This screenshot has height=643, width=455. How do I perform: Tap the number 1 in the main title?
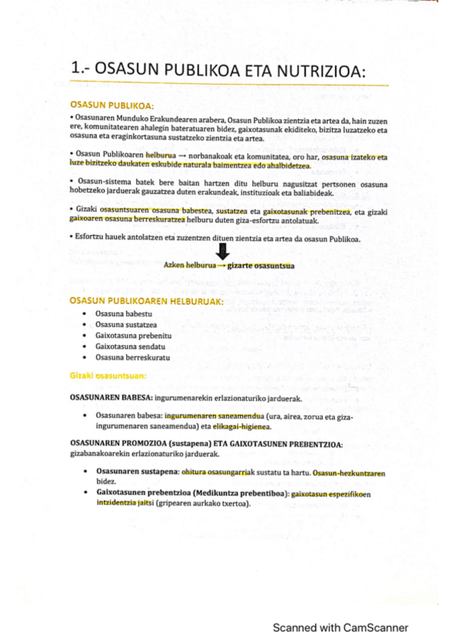click(75, 71)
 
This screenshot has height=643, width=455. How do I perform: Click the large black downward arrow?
click(223, 255)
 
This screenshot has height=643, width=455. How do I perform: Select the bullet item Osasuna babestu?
click(122, 313)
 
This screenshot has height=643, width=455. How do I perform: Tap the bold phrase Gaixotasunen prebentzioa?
click(145, 494)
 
